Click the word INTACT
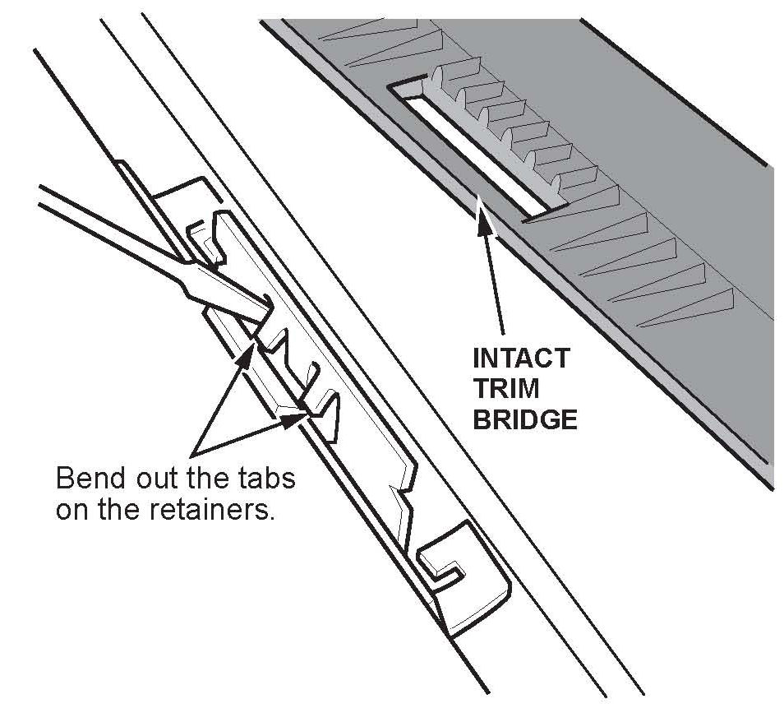tap(519, 359)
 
